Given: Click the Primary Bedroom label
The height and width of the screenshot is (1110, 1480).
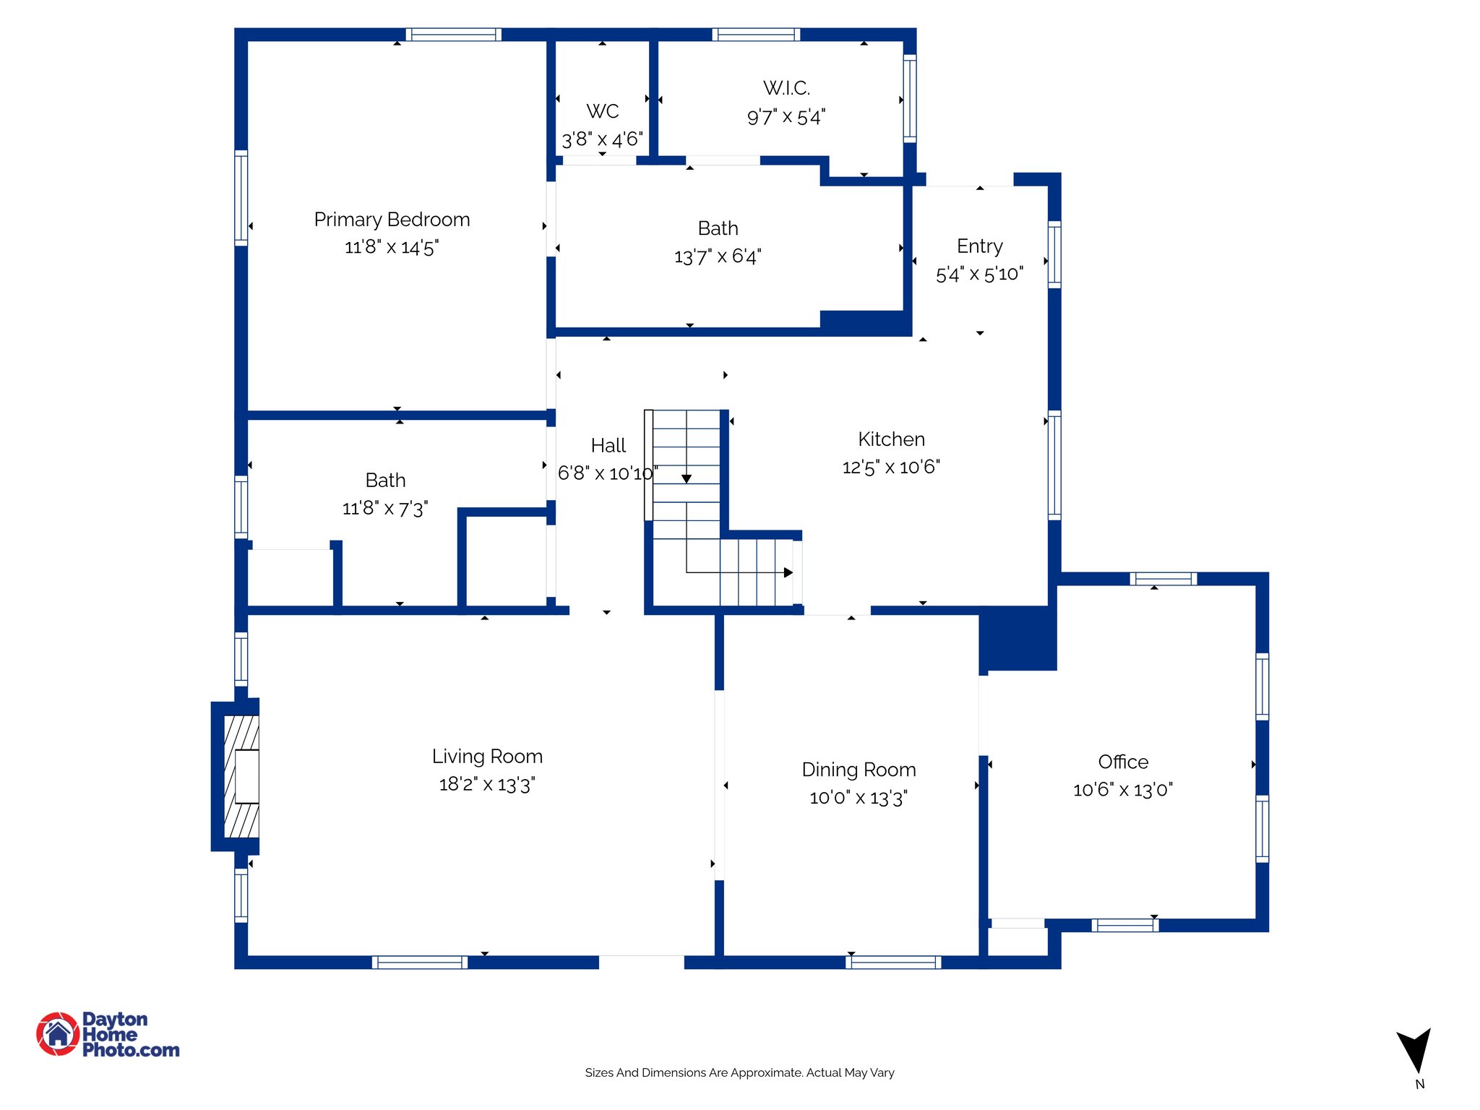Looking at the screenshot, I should click(392, 220).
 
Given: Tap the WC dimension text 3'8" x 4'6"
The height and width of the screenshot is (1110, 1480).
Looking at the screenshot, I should click(602, 139).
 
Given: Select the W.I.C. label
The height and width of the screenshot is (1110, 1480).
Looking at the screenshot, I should click(786, 88).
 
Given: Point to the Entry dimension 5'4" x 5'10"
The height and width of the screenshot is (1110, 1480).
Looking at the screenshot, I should click(979, 274).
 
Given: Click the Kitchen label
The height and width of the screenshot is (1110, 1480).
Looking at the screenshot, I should click(891, 439).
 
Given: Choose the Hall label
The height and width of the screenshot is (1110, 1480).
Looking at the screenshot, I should click(608, 446).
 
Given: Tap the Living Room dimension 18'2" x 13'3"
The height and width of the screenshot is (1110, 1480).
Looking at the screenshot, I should click(486, 784).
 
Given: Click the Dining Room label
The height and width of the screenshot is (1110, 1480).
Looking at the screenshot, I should click(859, 770).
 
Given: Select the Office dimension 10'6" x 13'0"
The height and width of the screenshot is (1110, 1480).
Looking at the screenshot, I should click(1122, 790).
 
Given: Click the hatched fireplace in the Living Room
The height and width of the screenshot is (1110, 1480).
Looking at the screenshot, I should click(241, 777).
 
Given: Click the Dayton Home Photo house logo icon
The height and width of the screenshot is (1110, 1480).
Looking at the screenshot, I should click(58, 1034).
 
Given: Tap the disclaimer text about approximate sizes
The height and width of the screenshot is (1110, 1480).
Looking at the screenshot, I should click(739, 1072).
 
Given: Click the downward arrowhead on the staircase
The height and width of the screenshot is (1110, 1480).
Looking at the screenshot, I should click(687, 479).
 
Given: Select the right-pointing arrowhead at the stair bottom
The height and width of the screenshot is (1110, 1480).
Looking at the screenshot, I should click(788, 572).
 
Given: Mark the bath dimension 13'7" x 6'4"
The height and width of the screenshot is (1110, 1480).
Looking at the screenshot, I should click(718, 257).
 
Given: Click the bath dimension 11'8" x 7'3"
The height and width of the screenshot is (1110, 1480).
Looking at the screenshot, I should click(385, 508).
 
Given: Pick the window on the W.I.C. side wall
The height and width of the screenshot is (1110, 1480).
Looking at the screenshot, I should click(910, 98).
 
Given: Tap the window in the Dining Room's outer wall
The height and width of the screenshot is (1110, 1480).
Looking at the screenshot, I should click(893, 962).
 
